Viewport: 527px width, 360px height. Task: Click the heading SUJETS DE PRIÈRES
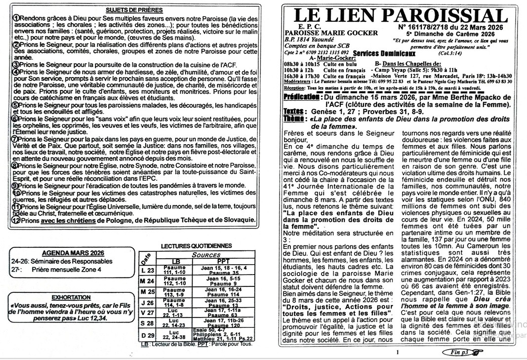(134, 10)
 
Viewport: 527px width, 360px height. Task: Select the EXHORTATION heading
(71, 298)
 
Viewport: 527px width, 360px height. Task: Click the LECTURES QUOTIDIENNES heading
(196, 245)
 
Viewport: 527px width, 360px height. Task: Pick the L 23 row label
(147, 270)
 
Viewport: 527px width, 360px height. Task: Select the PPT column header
(223, 261)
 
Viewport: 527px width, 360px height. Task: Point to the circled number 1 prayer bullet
(16, 18)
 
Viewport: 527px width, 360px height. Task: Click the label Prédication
(302, 97)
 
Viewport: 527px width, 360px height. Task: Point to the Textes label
(293, 112)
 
